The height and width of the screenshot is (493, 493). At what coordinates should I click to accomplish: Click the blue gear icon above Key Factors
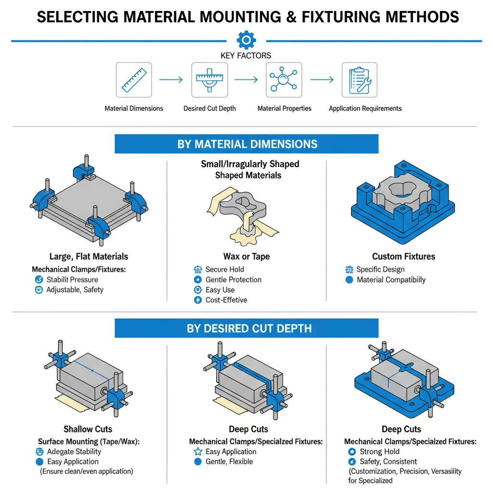pyautogui.click(x=246, y=39)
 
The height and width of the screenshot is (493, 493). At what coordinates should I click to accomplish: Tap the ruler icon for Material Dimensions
pyautogui.click(x=134, y=80)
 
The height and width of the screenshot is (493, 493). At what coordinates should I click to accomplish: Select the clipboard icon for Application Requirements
pyautogui.click(x=359, y=80)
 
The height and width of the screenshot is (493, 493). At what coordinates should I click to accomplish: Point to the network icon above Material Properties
pyautogui.click(x=284, y=80)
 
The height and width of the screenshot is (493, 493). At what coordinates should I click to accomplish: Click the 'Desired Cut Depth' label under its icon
pyautogui.click(x=209, y=108)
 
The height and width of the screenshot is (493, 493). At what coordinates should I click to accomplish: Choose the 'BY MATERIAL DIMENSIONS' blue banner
pyautogui.click(x=246, y=144)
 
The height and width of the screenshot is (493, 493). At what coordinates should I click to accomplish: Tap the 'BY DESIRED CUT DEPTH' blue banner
pyautogui.click(x=246, y=328)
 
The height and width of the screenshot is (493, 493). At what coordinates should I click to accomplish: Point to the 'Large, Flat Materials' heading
pyautogui.click(x=89, y=256)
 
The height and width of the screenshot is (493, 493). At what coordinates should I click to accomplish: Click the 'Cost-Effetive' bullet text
pyautogui.click(x=226, y=300)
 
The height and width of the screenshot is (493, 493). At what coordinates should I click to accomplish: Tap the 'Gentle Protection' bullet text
pyautogui.click(x=233, y=280)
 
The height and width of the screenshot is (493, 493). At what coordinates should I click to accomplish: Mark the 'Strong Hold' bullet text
pyautogui.click(x=379, y=452)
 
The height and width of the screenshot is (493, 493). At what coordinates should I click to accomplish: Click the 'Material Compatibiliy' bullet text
pyautogui.click(x=391, y=280)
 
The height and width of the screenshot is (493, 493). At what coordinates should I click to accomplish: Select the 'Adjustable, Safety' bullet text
pyautogui.click(x=75, y=290)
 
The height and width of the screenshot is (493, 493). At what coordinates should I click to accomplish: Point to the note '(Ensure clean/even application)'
pyautogui.click(x=87, y=471)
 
